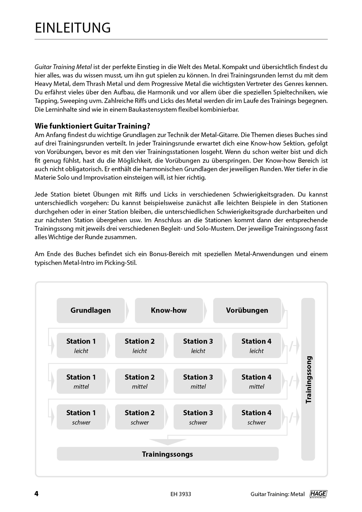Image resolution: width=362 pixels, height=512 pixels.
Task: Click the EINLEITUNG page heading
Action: point(73,28)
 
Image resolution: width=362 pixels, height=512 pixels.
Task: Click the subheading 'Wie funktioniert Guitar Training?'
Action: point(92,126)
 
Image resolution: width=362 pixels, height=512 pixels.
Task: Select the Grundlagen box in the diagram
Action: point(90,310)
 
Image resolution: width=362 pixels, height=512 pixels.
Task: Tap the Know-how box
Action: point(169,310)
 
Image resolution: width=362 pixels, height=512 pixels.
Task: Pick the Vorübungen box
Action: point(247,310)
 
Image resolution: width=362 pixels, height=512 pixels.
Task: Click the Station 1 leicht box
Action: point(81,345)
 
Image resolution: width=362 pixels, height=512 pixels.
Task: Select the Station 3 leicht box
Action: point(198,345)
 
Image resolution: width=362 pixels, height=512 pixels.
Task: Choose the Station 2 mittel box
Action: point(140,381)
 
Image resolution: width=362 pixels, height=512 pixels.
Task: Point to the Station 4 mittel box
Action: point(256,381)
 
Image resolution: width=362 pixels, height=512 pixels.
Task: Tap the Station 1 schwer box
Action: point(81,417)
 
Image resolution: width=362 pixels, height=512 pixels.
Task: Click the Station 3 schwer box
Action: point(198,417)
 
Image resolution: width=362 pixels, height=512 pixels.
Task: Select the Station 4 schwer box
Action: point(256,417)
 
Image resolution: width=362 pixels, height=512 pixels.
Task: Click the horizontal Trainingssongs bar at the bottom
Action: point(167,454)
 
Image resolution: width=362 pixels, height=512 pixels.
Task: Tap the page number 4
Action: point(37,494)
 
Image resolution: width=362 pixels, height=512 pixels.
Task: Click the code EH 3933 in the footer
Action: point(181,494)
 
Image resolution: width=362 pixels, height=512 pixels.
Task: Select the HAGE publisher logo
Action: point(318,494)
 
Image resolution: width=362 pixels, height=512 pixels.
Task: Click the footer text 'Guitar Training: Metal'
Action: point(277,494)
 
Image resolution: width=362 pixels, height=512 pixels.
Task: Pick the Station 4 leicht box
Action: point(256,345)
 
